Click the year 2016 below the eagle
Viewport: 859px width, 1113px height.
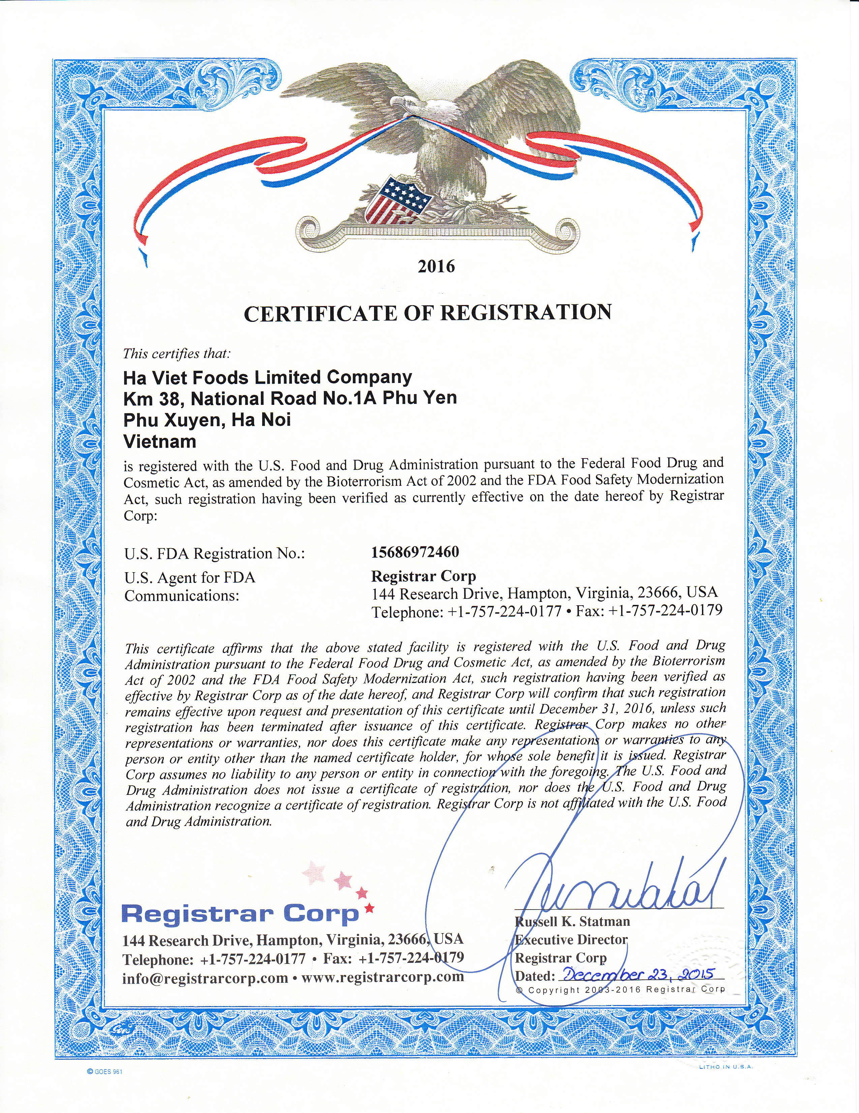pyautogui.click(x=436, y=267)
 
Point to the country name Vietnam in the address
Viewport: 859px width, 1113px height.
pyautogui.click(x=160, y=441)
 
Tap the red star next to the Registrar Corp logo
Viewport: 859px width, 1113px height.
pyautogui.click(x=370, y=908)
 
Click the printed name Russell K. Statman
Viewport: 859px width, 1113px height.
pyautogui.click(x=572, y=921)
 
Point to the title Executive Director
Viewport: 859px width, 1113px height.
pyautogui.click(x=571, y=939)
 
